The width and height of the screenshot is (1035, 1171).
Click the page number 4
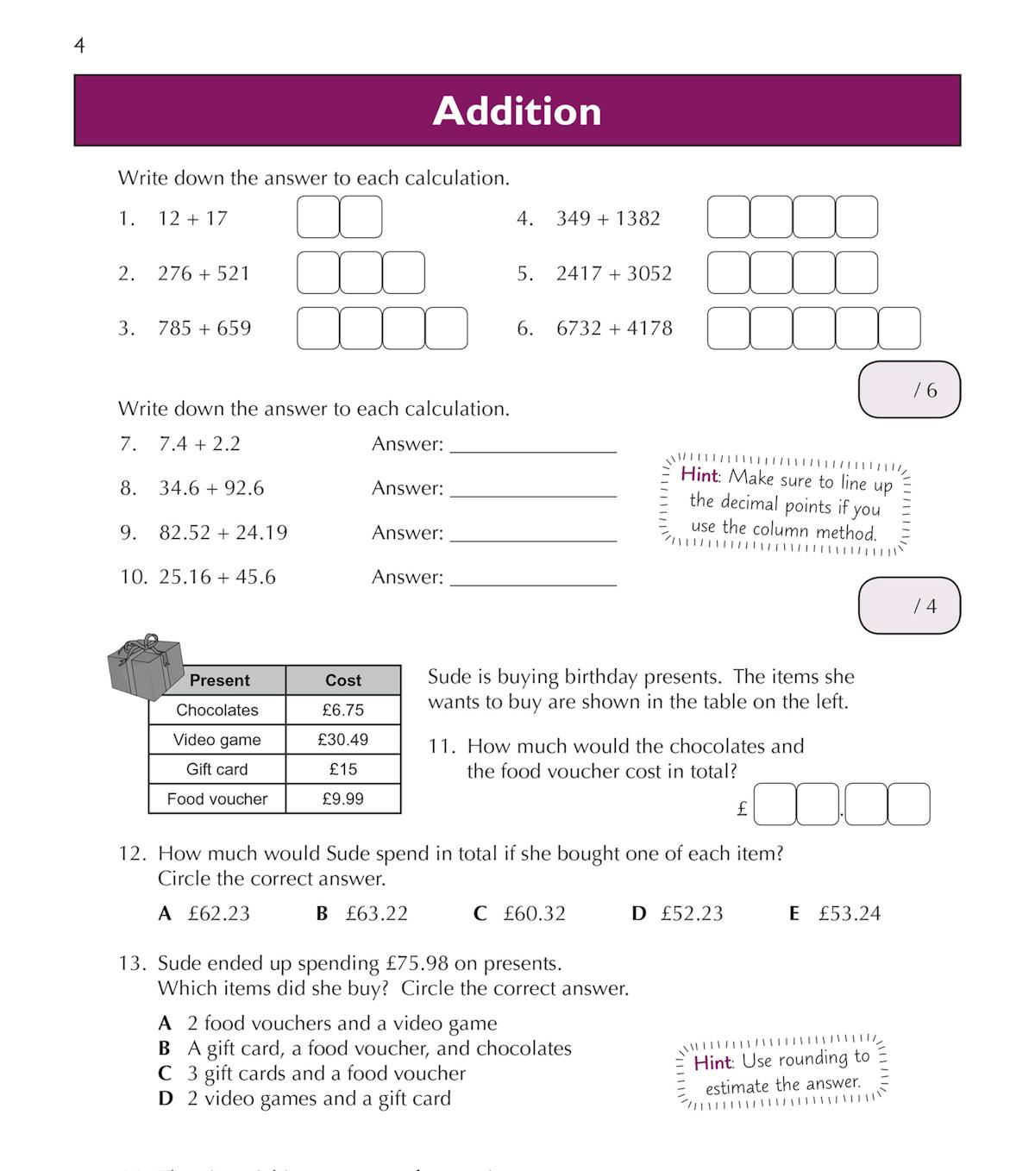[80, 46]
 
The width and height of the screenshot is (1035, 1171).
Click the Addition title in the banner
[517, 111]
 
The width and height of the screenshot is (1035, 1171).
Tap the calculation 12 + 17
[192, 218]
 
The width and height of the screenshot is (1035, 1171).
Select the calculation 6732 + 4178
[613, 329]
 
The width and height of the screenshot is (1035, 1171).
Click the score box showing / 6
[909, 390]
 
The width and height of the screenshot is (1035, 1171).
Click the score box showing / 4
[909, 606]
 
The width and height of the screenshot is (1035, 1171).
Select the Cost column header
[343, 680]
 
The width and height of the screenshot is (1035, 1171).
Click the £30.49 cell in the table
[343, 740]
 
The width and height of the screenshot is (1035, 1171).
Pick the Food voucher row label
[217, 799]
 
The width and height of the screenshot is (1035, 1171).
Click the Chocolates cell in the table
[217, 711]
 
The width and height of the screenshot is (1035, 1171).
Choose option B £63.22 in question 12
[362, 914]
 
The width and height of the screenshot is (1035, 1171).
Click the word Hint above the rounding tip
[712, 1062]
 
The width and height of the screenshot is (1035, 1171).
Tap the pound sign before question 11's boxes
[743, 809]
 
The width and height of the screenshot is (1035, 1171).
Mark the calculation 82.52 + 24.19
[223, 533]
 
